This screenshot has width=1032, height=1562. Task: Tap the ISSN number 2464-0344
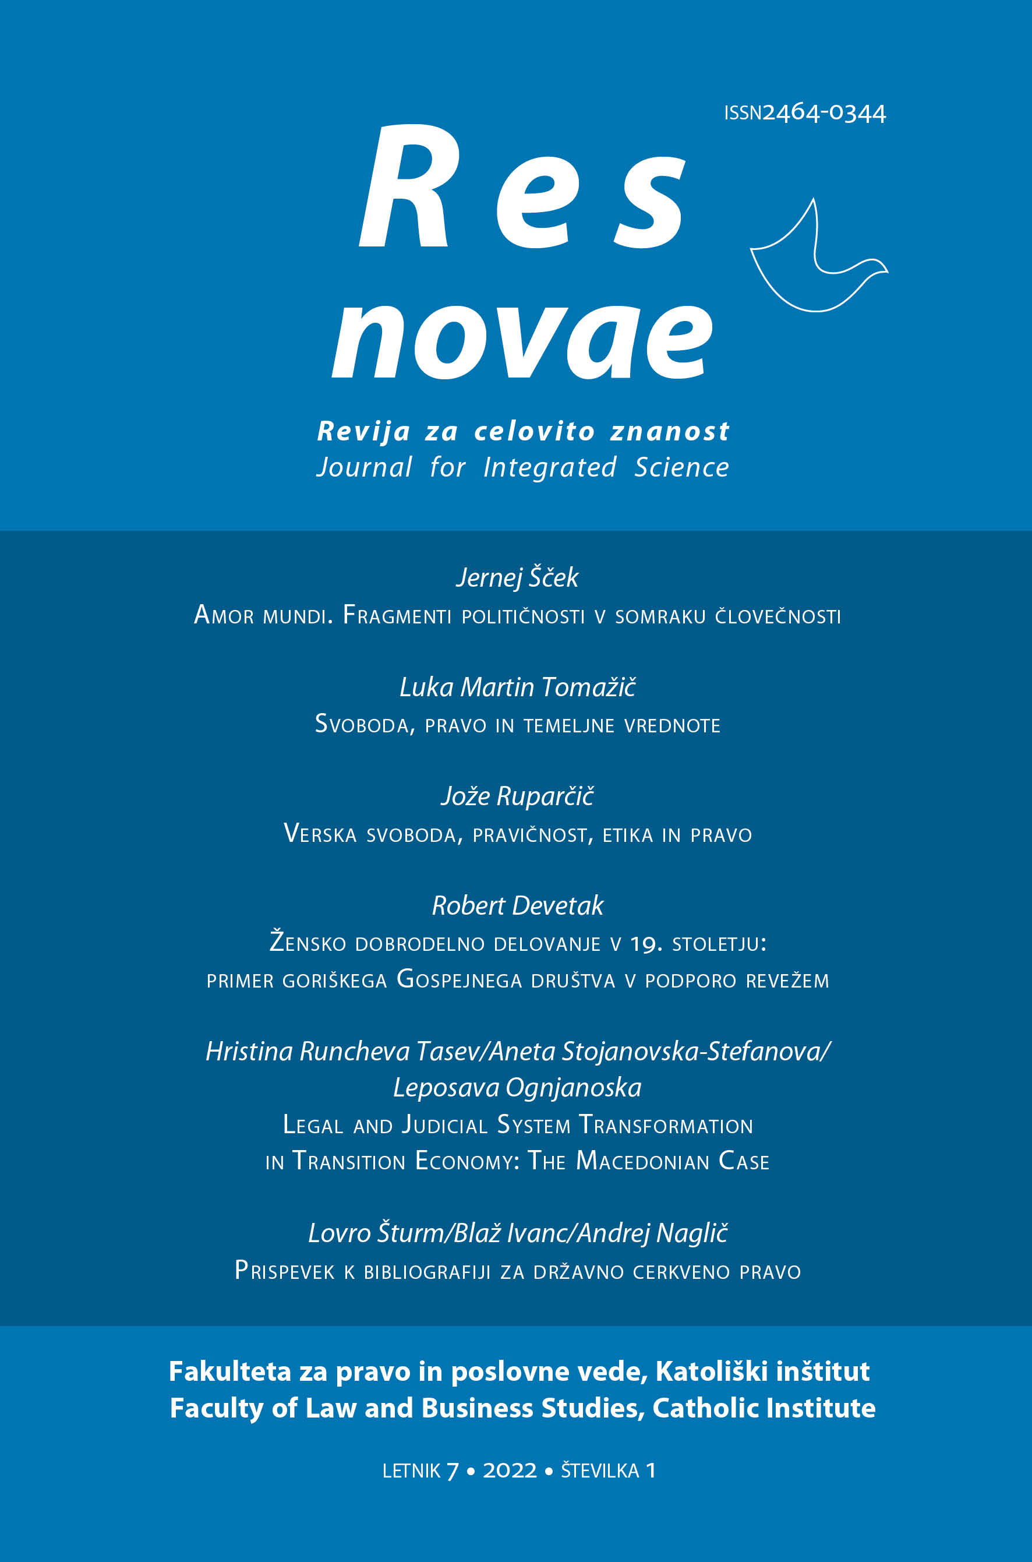pos(824,113)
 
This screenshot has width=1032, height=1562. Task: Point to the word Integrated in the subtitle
pos(550,467)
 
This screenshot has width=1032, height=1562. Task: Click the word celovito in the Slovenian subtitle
pos(535,431)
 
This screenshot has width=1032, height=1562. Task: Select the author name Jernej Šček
pos(517,577)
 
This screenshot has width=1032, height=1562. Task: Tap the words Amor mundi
pos(263,615)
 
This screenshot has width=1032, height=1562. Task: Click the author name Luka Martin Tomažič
pos(517,687)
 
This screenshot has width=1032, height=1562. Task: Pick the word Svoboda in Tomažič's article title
pos(364,725)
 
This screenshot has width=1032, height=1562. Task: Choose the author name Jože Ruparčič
pos(517,796)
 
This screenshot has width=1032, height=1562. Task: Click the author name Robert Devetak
pos(517,906)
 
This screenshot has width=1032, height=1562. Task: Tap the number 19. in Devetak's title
pos(646,944)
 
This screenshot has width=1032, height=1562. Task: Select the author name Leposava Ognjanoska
pos(517,1087)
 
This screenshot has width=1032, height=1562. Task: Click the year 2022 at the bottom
pos(510,1471)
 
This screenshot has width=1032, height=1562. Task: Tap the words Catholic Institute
pos(764,1408)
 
